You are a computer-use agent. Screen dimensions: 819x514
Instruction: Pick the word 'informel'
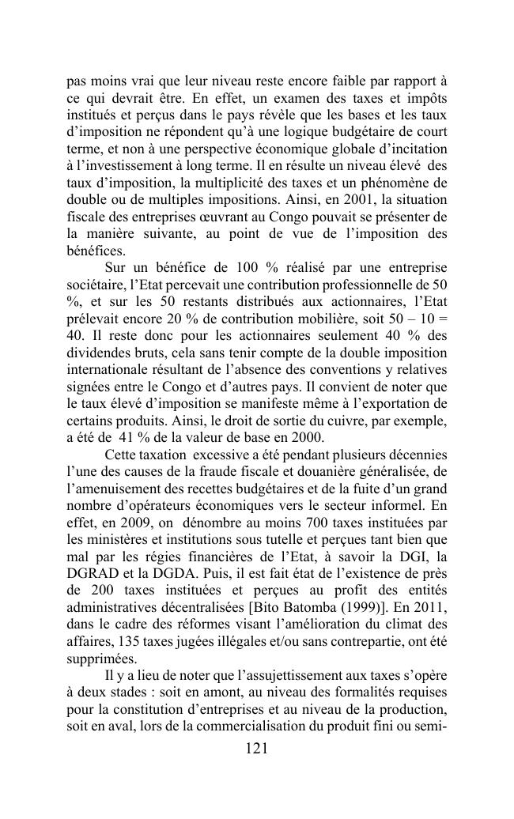click(x=392, y=508)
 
